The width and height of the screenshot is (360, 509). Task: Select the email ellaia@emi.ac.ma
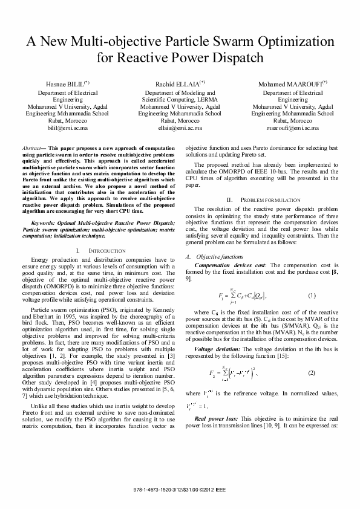(x=180, y=129)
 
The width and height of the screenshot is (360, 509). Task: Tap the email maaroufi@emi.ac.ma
(x=292, y=129)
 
